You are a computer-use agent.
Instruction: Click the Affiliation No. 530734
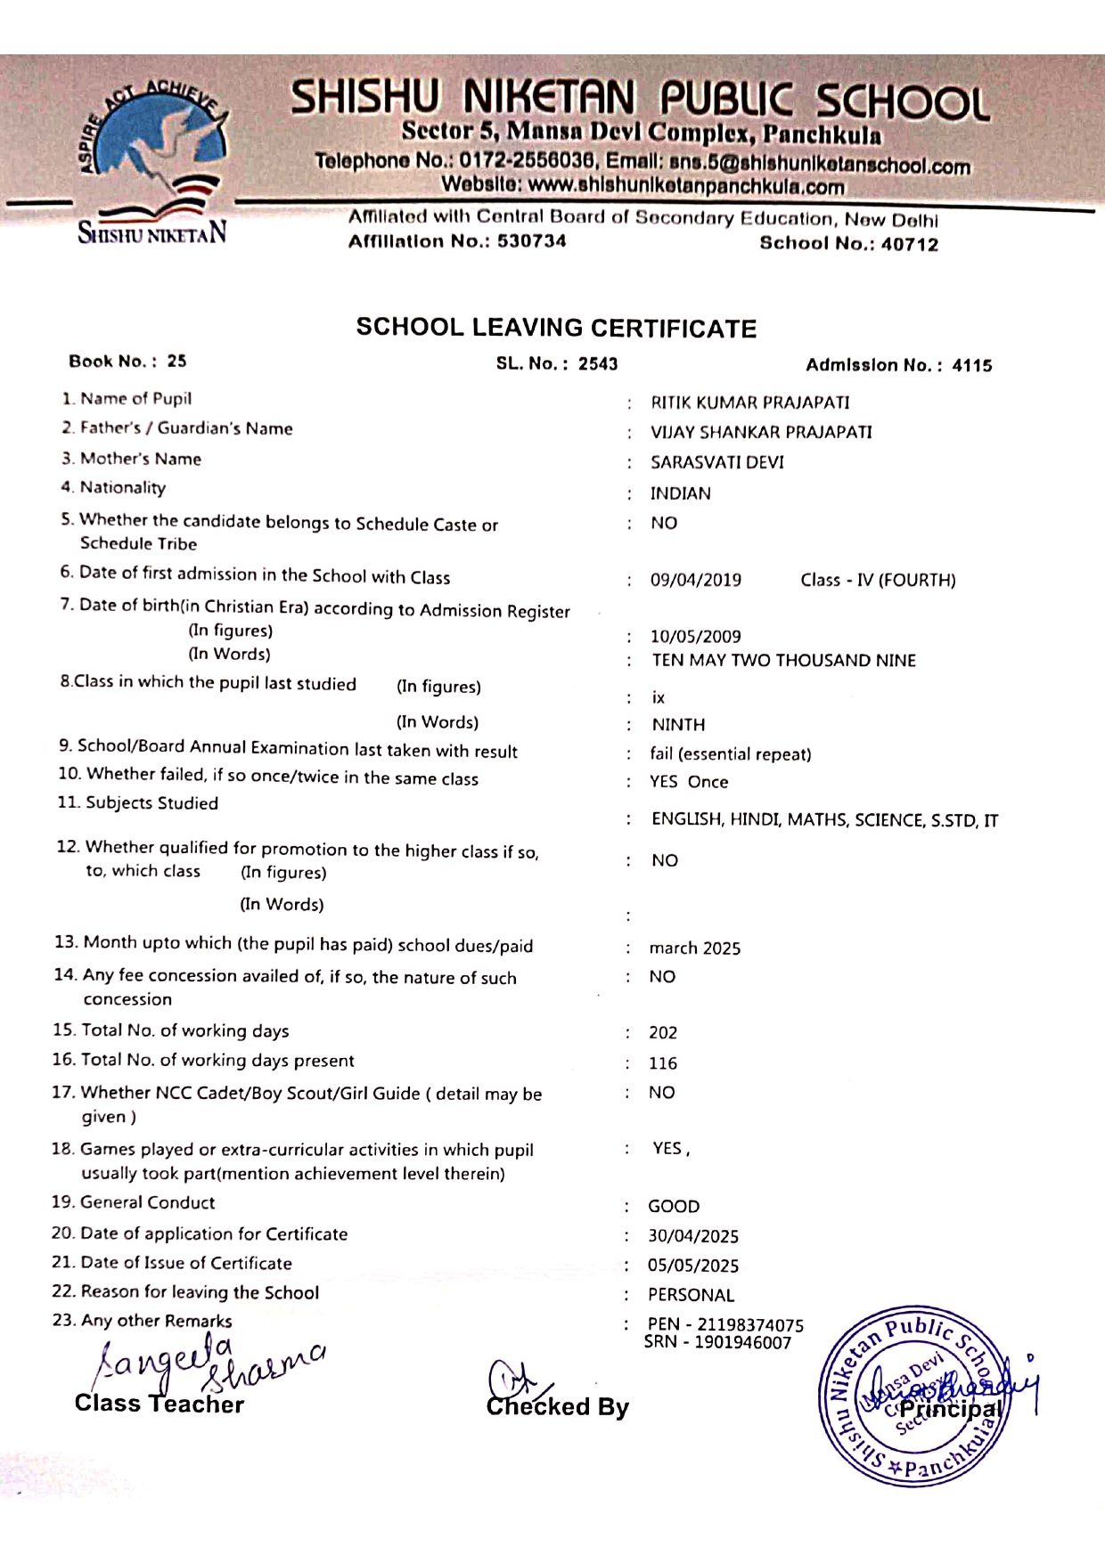click(x=531, y=241)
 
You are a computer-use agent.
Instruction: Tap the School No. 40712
click(x=909, y=244)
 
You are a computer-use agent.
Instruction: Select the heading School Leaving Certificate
click(x=556, y=328)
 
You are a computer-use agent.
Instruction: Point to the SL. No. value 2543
click(x=598, y=363)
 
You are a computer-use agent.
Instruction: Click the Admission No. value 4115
click(x=971, y=365)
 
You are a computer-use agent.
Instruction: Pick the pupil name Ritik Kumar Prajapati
click(x=749, y=403)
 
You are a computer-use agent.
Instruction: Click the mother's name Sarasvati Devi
click(x=716, y=462)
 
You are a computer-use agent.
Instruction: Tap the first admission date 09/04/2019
click(x=695, y=580)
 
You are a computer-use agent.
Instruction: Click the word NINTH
click(x=678, y=725)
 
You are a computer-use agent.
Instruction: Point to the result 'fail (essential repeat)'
click(x=730, y=754)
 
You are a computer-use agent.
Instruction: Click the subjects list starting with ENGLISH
click(x=824, y=820)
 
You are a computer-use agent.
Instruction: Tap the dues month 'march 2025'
click(x=694, y=948)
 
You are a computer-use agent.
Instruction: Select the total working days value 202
click(x=663, y=1033)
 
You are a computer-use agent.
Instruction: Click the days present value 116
click(x=663, y=1063)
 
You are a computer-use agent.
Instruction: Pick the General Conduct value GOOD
click(x=674, y=1207)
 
